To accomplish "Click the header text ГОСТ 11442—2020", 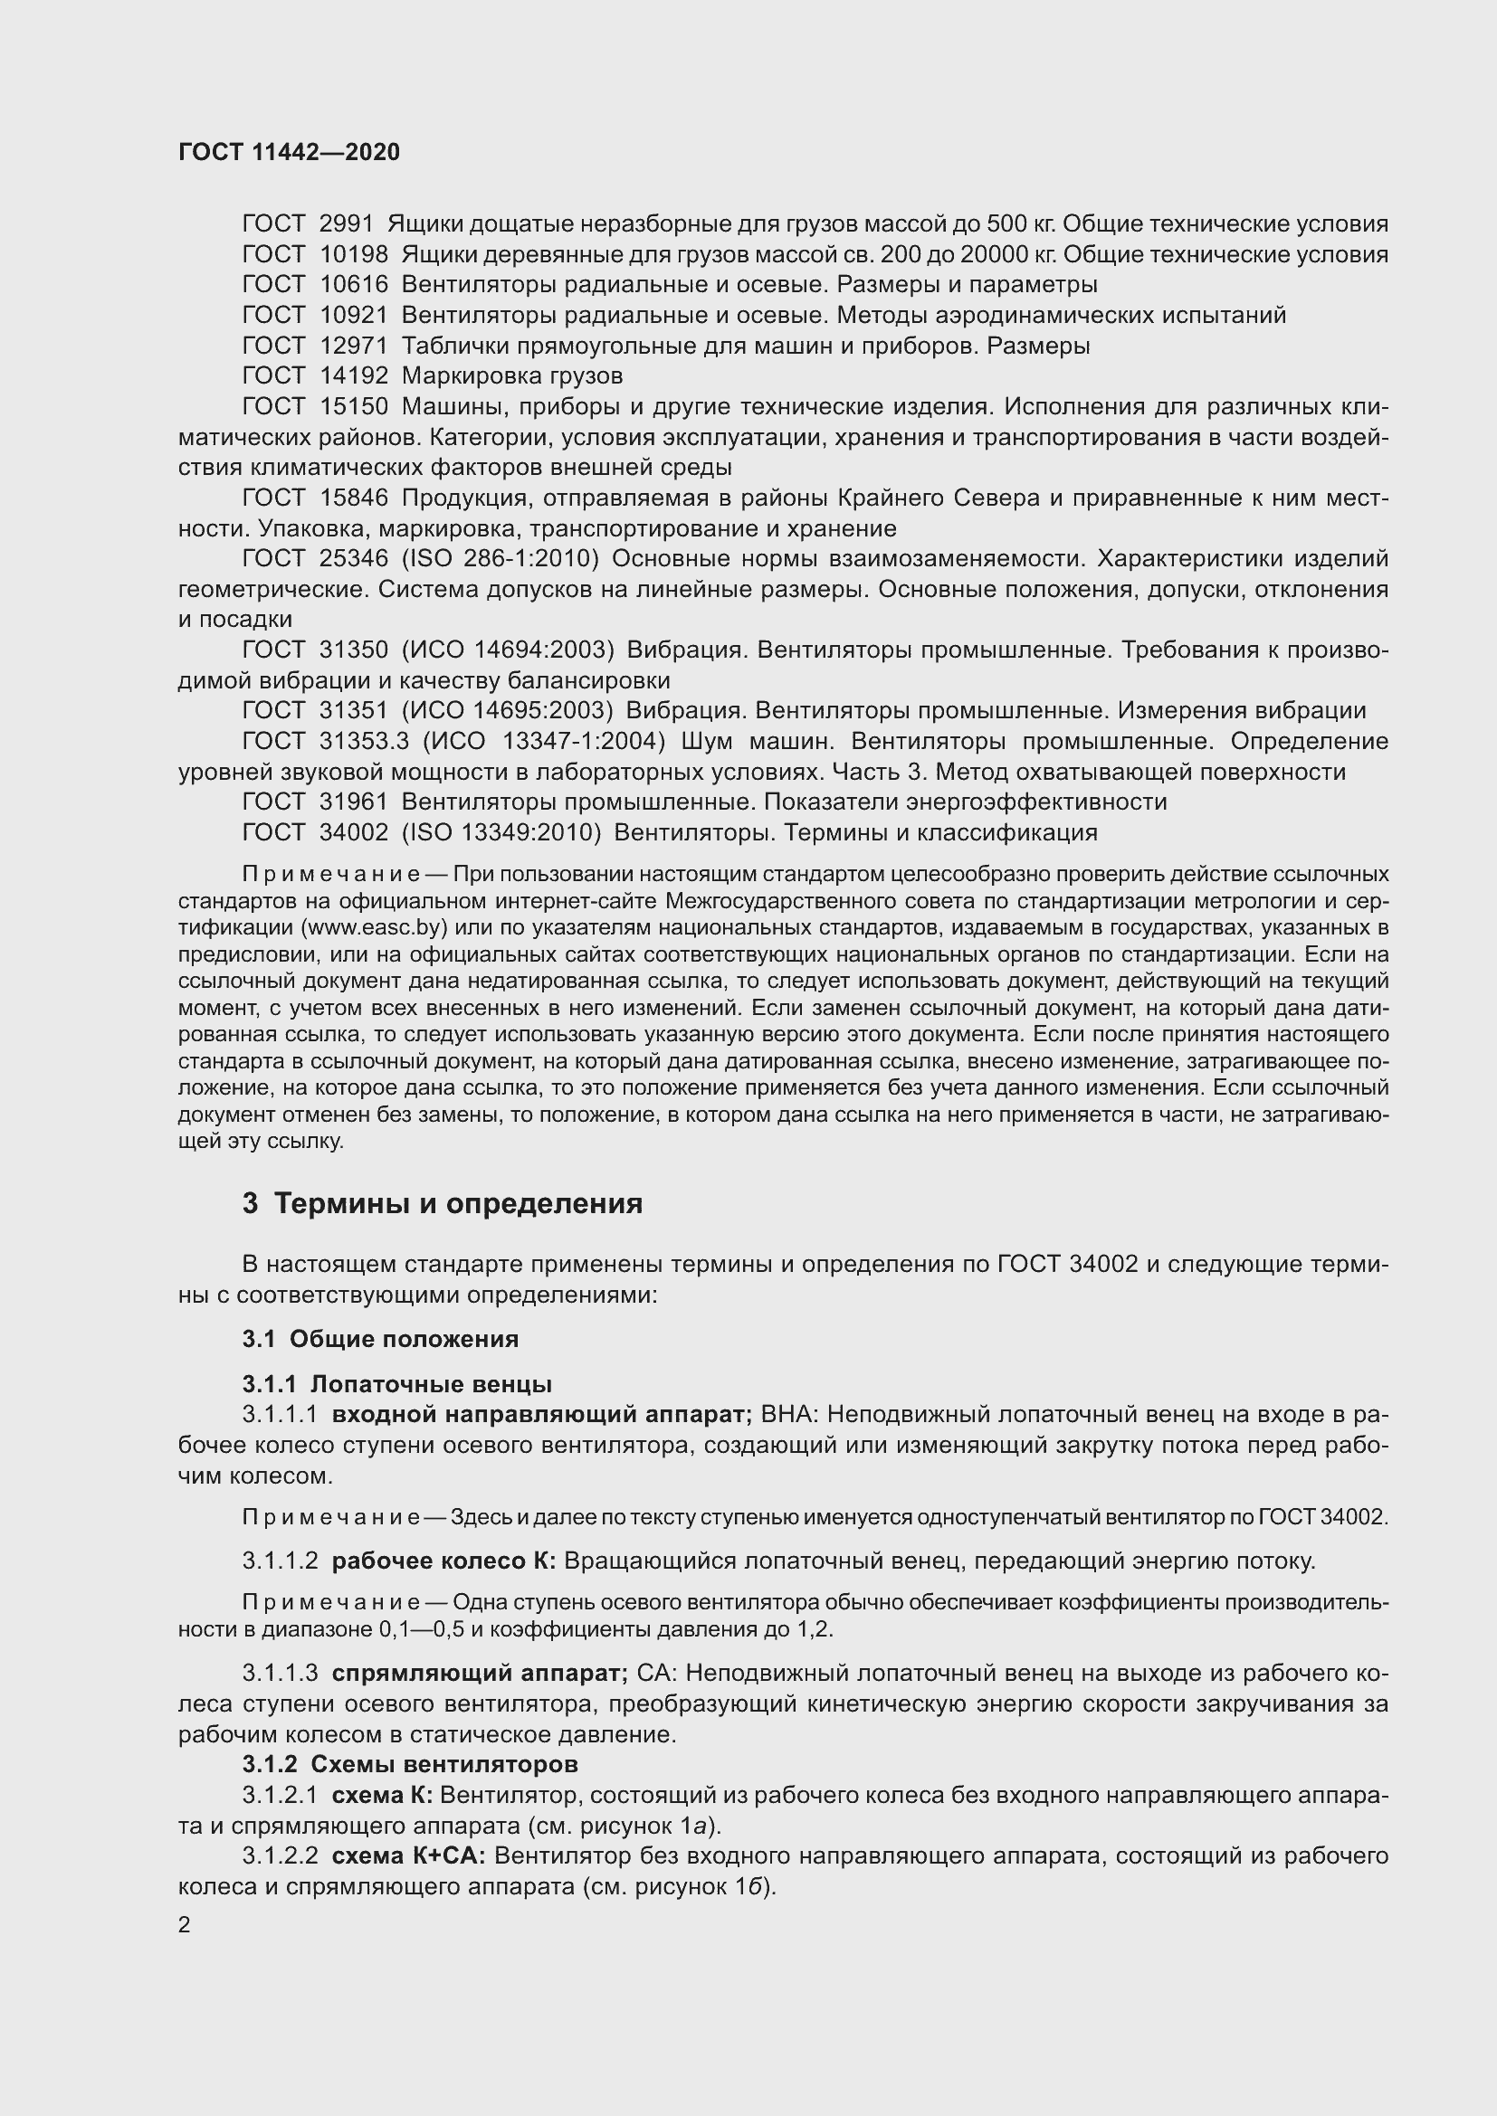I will tap(289, 153).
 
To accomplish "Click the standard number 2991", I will tap(346, 224).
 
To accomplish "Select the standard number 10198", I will tap(353, 254).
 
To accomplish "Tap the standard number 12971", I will tap(353, 346).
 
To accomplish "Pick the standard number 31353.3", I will tap(364, 741).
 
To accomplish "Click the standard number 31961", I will tap(353, 802).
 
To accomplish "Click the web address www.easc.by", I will tap(384, 926).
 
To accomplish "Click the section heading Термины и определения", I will tap(458, 1203).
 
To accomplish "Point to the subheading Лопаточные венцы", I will tap(431, 1383).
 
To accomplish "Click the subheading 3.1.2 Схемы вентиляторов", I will tap(410, 1764).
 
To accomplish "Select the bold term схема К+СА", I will tap(408, 1855).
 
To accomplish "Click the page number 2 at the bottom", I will tap(185, 1925).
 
